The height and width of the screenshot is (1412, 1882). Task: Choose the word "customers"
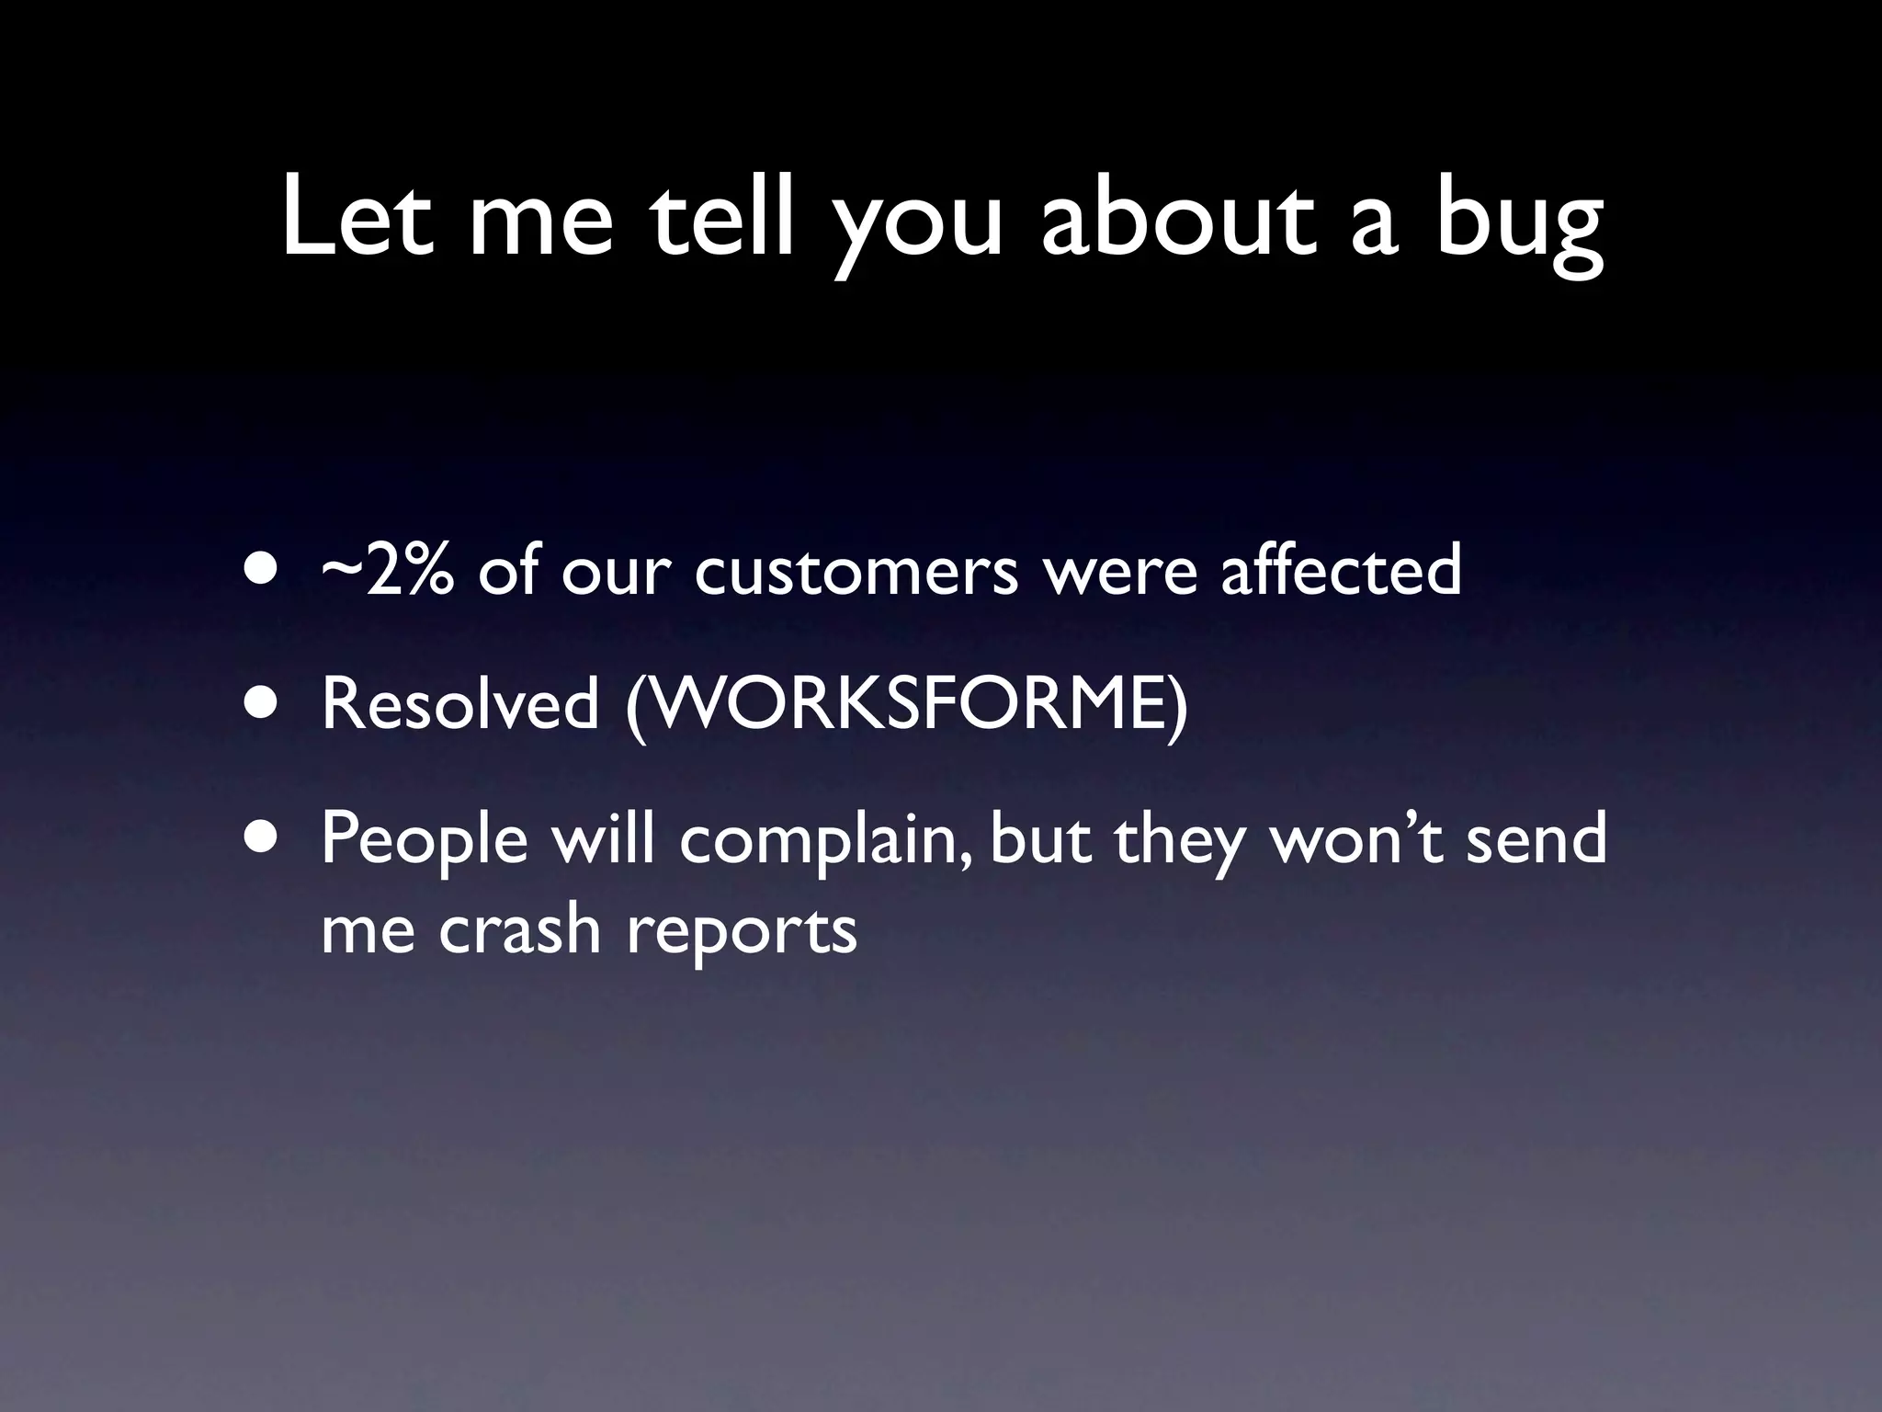[x=856, y=572]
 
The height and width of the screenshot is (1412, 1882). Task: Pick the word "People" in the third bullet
[x=425, y=842]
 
